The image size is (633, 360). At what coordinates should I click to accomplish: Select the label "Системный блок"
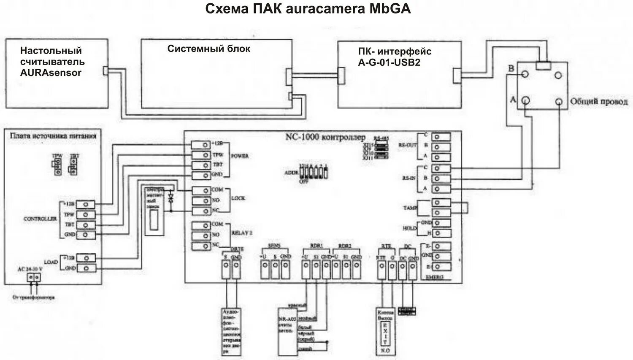pos(208,49)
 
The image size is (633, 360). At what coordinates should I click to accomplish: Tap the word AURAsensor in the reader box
pos(51,72)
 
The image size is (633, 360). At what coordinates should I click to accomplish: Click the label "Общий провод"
pos(598,102)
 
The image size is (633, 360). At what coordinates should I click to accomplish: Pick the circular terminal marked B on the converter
pos(525,74)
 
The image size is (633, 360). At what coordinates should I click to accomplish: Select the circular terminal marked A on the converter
pos(526,101)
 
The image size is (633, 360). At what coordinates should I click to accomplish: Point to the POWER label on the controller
pos(240,156)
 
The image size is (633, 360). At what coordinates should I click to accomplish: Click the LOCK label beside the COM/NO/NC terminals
pos(238,198)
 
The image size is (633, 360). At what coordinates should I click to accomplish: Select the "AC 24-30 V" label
pos(30,269)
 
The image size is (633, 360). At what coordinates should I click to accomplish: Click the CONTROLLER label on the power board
pos(40,219)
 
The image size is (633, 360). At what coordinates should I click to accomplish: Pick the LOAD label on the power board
pos(51,262)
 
